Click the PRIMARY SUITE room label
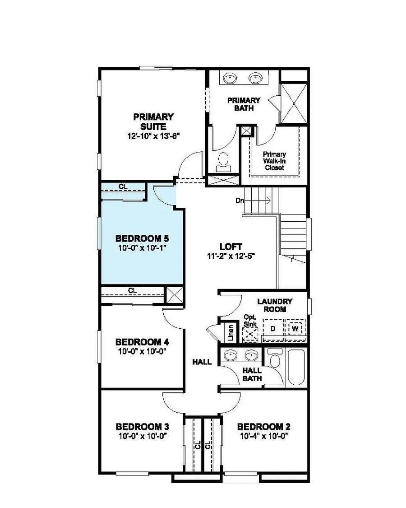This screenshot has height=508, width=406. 153,121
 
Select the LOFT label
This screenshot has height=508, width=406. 231,247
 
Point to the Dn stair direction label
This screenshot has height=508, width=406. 239,200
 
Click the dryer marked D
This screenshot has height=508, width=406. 272,328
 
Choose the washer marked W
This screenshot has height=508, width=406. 295,328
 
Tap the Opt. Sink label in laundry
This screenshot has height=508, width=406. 249,321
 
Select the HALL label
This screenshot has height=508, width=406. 202,362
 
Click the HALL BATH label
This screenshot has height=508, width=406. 252,374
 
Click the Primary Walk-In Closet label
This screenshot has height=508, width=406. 275,161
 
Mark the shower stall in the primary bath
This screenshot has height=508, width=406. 294,103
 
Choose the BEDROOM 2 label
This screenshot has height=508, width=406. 264,427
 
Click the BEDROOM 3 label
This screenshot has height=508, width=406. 143,427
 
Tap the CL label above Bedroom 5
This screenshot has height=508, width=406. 122,186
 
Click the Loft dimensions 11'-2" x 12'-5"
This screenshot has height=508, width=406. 231,256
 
